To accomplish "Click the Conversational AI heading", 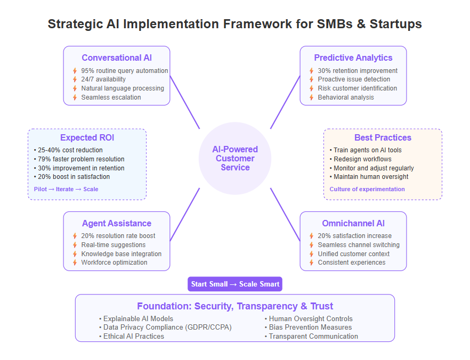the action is pos(117,58).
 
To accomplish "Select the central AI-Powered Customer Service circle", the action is pos(235,158).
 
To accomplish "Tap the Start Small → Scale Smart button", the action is pos(235,284).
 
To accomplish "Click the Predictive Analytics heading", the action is pos(353,58).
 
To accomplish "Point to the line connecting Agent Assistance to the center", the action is pos(184,215).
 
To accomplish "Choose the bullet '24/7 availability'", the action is pos(103,79).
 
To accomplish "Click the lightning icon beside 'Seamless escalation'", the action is pos(75,97).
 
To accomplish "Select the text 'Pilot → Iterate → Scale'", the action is pos(66,189).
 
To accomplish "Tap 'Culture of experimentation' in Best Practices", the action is pos(367,189).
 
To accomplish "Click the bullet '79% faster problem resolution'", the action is pos(79,159).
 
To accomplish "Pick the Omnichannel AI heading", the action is pos(353,224).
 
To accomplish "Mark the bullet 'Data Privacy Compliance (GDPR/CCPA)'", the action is pos(165,328).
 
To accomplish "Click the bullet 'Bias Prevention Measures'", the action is pos(308,328).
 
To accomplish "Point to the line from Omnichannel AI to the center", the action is pos(286,215).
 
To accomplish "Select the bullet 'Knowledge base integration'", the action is pos(121,253).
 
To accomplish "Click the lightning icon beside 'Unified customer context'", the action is pos(312,253).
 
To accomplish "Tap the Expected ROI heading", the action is pos(87,137).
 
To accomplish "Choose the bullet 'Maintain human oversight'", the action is pos(369,177).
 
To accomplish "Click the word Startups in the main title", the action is pos(395,24).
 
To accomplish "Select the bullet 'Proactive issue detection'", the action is pos(354,79).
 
